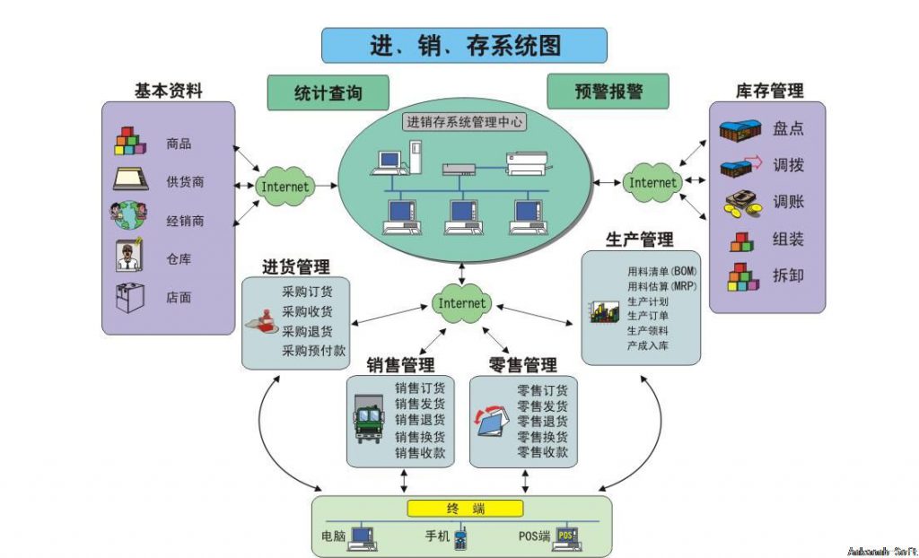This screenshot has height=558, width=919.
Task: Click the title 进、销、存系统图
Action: coord(464,45)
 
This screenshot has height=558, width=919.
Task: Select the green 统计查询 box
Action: coord(328,92)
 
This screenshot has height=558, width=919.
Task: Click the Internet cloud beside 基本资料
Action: coord(284,187)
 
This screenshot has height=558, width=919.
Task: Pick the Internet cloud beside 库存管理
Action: coord(652,182)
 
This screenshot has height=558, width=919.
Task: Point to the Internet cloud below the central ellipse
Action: coord(461,303)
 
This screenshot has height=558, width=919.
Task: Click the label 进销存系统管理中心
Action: coord(465,121)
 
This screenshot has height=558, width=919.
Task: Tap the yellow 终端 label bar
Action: coord(465,509)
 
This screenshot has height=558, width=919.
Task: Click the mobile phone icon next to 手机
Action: coord(460,538)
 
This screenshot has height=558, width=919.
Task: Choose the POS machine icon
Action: coord(565,536)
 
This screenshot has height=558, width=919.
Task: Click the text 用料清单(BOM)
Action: coord(662,270)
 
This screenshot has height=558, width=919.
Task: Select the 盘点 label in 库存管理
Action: coord(788,128)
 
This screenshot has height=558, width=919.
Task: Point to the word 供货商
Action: coord(185,181)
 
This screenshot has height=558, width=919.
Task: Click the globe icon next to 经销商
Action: coord(129,218)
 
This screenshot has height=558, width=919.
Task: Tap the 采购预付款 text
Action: coord(313,350)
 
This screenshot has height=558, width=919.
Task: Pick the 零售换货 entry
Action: coord(542,437)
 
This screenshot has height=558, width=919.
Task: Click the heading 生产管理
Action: coord(639,240)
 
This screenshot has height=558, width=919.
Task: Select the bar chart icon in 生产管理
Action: coord(601,311)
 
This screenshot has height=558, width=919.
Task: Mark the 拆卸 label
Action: coord(788,275)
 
